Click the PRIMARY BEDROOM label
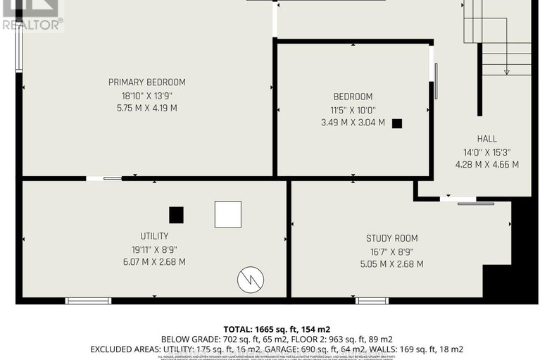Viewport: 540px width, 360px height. [x=146, y=82]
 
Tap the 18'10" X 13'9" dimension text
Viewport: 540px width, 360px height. [x=146, y=96]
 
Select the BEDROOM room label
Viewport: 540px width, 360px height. [x=353, y=97]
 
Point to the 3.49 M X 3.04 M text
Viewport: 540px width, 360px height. [x=353, y=123]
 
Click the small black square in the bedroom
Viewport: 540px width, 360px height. [x=397, y=123]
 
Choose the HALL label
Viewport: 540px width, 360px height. [x=486, y=139]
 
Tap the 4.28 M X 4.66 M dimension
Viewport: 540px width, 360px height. [x=486, y=165]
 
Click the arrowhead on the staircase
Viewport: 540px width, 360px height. [x=506, y=71]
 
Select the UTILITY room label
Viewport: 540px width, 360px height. [x=154, y=236]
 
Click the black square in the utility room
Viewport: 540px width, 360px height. [x=176, y=214]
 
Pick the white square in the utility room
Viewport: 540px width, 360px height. [x=227, y=214]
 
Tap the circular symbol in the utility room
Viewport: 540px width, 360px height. [x=251, y=280]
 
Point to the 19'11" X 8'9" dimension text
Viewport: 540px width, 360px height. [x=154, y=249]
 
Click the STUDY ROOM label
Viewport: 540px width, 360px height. [x=391, y=238]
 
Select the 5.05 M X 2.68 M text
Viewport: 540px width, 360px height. [x=391, y=264]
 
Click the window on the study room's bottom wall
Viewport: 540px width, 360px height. [x=371, y=301]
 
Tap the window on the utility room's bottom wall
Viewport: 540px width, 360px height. [x=88, y=301]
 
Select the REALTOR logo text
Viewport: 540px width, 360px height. [x=32, y=23]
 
